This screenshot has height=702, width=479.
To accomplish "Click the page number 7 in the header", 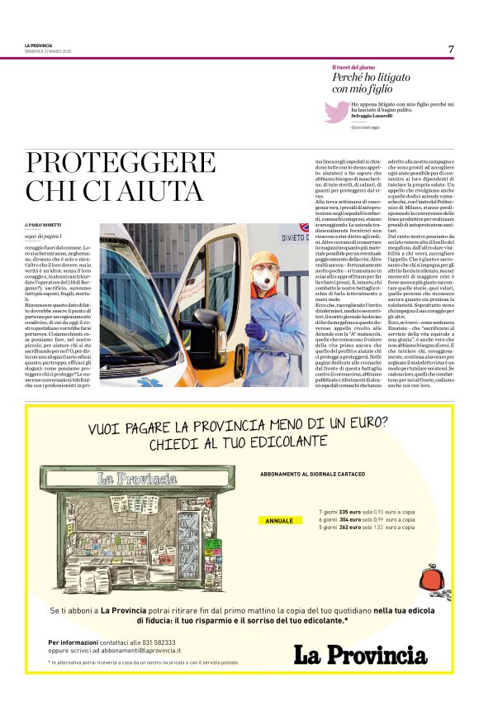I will coord(451,49).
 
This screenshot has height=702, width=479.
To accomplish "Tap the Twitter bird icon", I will coord(338,112).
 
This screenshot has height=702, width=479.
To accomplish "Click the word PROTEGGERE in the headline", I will coord(107,163).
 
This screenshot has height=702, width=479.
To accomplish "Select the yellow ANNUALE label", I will coord(281,521).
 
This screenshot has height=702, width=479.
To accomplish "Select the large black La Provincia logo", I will coord(363,655).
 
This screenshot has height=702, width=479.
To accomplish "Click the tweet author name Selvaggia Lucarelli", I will coord(374,115).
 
